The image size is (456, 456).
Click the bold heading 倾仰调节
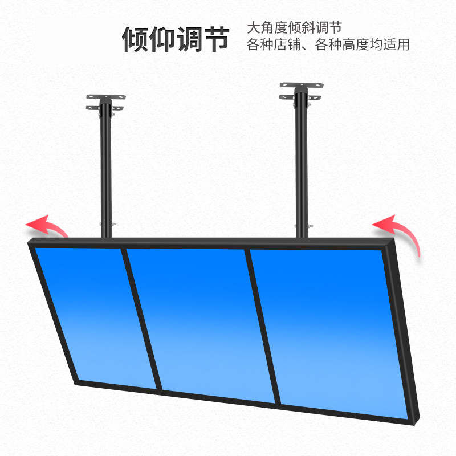[x=176, y=39]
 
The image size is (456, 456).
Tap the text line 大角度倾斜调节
[x=294, y=28]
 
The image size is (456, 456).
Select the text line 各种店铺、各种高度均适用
[x=328, y=45]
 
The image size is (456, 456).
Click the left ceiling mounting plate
[x=105, y=101]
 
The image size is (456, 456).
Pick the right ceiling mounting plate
[x=302, y=90]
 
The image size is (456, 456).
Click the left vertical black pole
[x=105, y=171]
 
